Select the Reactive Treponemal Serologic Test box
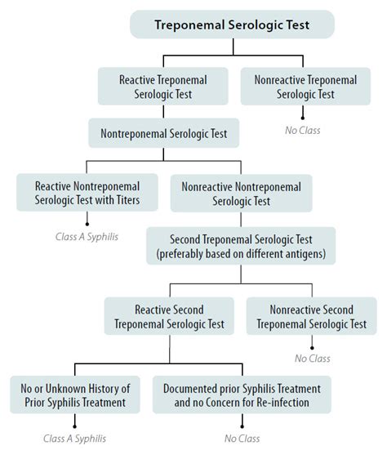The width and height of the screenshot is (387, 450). click(x=163, y=87)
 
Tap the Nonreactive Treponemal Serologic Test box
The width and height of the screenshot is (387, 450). click(x=305, y=87)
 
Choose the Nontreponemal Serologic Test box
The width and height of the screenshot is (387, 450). click(x=163, y=132)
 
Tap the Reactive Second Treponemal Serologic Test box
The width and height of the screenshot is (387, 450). click(x=170, y=315)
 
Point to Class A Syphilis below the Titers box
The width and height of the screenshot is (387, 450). click(x=87, y=237)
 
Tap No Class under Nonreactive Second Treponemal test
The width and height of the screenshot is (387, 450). click(x=311, y=356)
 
